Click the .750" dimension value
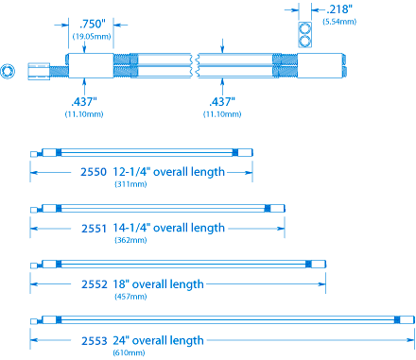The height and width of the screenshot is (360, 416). (x=92, y=25)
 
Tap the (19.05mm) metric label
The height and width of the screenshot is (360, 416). (x=92, y=37)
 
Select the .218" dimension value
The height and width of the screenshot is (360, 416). (x=339, y=9)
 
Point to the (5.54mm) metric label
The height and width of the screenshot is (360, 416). (x=339, y=22)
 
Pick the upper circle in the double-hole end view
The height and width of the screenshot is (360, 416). (x=304, y=28)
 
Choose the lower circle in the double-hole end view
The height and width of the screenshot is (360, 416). (x=304, y=42)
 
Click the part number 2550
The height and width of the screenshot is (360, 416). (x=94, y=172)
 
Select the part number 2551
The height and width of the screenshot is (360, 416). (x=94, y=229)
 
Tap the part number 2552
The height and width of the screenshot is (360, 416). (x=95, y=284)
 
